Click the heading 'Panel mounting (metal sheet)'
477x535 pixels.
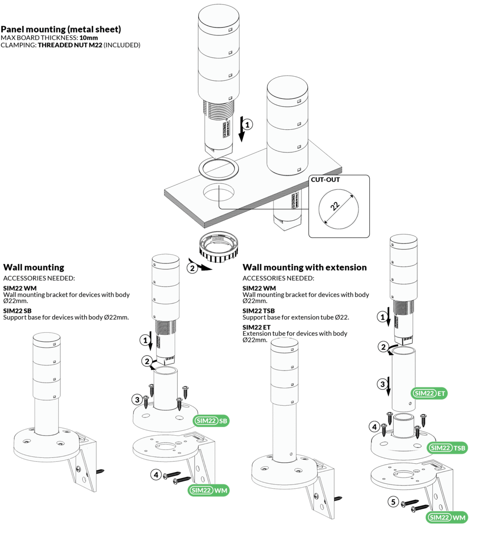pyautogui.click(x=61, y=29)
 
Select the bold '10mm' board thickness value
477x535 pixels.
pyautogui.click(x=89, y=38)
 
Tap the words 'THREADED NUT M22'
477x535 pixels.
pyautogui.click(x=70, y=45)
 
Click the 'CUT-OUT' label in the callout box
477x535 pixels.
pyautogui.click(x=325, y=180)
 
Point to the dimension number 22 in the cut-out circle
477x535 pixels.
pyautogui.click(x=335, y=206)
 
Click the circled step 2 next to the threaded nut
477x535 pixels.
pyautogui.click(x=192, y=268)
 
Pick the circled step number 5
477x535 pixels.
pyautogui.click(x=393, y=502)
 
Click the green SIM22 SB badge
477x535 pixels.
pyautogui.click(x=211, y=421)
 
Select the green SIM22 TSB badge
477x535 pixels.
pyautogui.click(x=447, y=448)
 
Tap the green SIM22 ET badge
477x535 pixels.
pyautogui.click(x=428, y=393)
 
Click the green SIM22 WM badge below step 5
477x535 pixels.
pyautogui.click(x=447, y=517)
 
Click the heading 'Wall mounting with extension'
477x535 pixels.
pyautogui.click(x=305, y=267)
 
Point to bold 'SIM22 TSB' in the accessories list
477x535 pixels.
pyautogui.click(x=258, y=311)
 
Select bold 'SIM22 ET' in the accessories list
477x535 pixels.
pyautogui.click(x=257, y=327)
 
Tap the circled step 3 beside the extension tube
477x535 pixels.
pyautogui.click(x=382, y=384)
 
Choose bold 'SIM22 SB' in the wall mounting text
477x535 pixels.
pyautogui.click(x=17, y=311)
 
